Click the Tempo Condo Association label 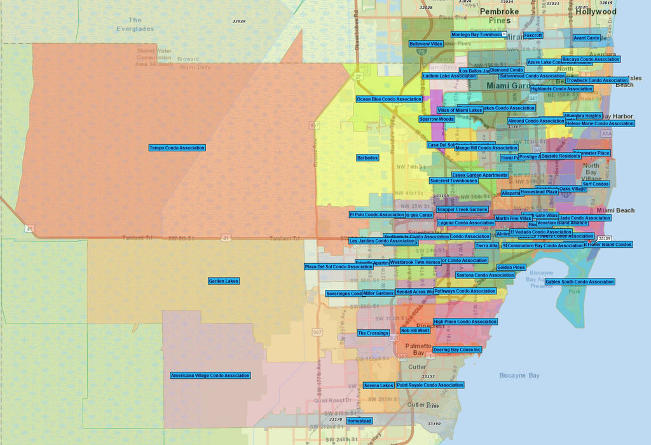click(x=177, y=148)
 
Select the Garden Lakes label click(x=224, y=281)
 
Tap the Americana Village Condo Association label click(x=210, y=376)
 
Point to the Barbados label click(x=367, y=158)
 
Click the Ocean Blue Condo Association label click(x=389, y=99)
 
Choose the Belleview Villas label click(x=426, y=44)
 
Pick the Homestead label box click(x=359, y=421)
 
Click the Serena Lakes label click(x=378, y=385)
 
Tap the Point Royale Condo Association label click(x=430, y=385)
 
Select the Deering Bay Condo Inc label click(x=457, y=350)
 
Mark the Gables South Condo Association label click(x=580, y=282)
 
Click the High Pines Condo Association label click(x=465, y=322)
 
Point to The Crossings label click(x=373, y=333)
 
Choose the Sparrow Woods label click(x=437, y=119)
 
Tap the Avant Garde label click(x=586, y=38)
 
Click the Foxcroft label click(x=533, y=36)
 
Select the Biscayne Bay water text click(x=519, y=376)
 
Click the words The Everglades click(x=135, y=24)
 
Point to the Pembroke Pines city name click(x=500, y=16)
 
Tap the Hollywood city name click(x=596, y=11)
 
